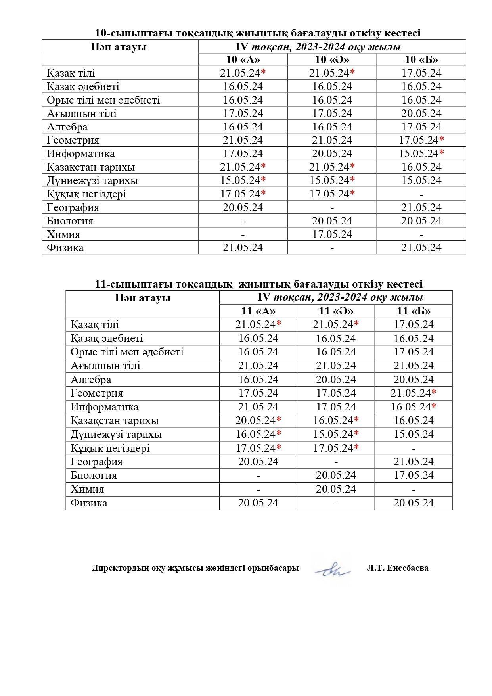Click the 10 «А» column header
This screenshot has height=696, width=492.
(x=243, y=59)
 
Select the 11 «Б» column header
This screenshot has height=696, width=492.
(x=414, y=311)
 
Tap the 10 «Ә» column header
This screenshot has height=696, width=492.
(x=332, y=59)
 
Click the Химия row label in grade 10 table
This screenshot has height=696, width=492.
(x=63, y=234)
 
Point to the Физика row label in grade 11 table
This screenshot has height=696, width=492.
(x=89, y=503)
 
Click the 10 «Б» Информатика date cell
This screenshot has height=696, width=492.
(x=421, y=153)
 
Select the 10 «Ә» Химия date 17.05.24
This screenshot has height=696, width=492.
(x=332, y=234)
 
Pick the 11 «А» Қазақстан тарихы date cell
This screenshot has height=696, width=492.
(x=258, y=420)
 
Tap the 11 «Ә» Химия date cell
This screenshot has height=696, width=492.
(x=336, y=489)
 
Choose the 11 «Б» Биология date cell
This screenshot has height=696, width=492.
(x=414, y=475)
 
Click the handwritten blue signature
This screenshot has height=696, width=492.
(x=332, y=570)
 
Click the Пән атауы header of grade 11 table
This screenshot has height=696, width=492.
(x=142, y=298)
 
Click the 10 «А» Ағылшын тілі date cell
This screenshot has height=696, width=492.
(x=243, y=113)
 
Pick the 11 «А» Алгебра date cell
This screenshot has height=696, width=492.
(x=258, y=380)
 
